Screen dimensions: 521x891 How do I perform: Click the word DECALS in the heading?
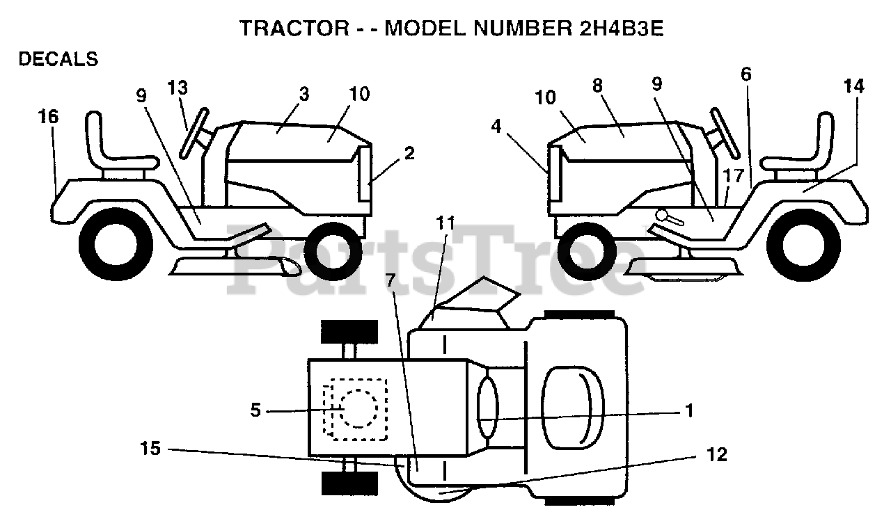[58, 60]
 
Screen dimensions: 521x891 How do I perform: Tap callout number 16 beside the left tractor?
[48, 118]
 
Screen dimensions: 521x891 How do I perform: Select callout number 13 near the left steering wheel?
[178, 88]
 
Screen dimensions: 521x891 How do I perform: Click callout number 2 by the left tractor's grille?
[409, 153]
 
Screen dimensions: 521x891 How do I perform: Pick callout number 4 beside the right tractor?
[496, 127]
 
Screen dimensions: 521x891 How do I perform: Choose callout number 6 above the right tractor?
[746, 74]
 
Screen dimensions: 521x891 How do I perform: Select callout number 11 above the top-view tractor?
[445, 223]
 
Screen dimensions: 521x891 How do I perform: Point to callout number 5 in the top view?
[255, 410]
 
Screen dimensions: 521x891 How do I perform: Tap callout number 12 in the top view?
[716, 455]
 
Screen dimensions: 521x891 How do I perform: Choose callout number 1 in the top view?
[689, 410]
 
